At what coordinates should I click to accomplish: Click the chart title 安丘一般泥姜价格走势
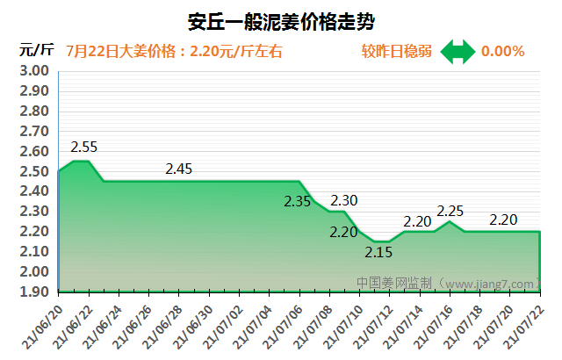point(282,20)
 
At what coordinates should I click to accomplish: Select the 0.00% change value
point(502,51)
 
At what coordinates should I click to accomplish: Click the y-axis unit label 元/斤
point(37,50)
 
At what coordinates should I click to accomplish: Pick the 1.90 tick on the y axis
point(34,292)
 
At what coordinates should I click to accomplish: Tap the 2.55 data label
point(84,147)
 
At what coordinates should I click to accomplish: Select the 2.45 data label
point(178,168)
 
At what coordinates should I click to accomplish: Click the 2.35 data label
point(298,201)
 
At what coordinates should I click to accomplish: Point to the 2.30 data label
point(343,200)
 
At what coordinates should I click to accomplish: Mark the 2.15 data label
point(378,253)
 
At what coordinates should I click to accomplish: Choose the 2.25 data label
point(450,211)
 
